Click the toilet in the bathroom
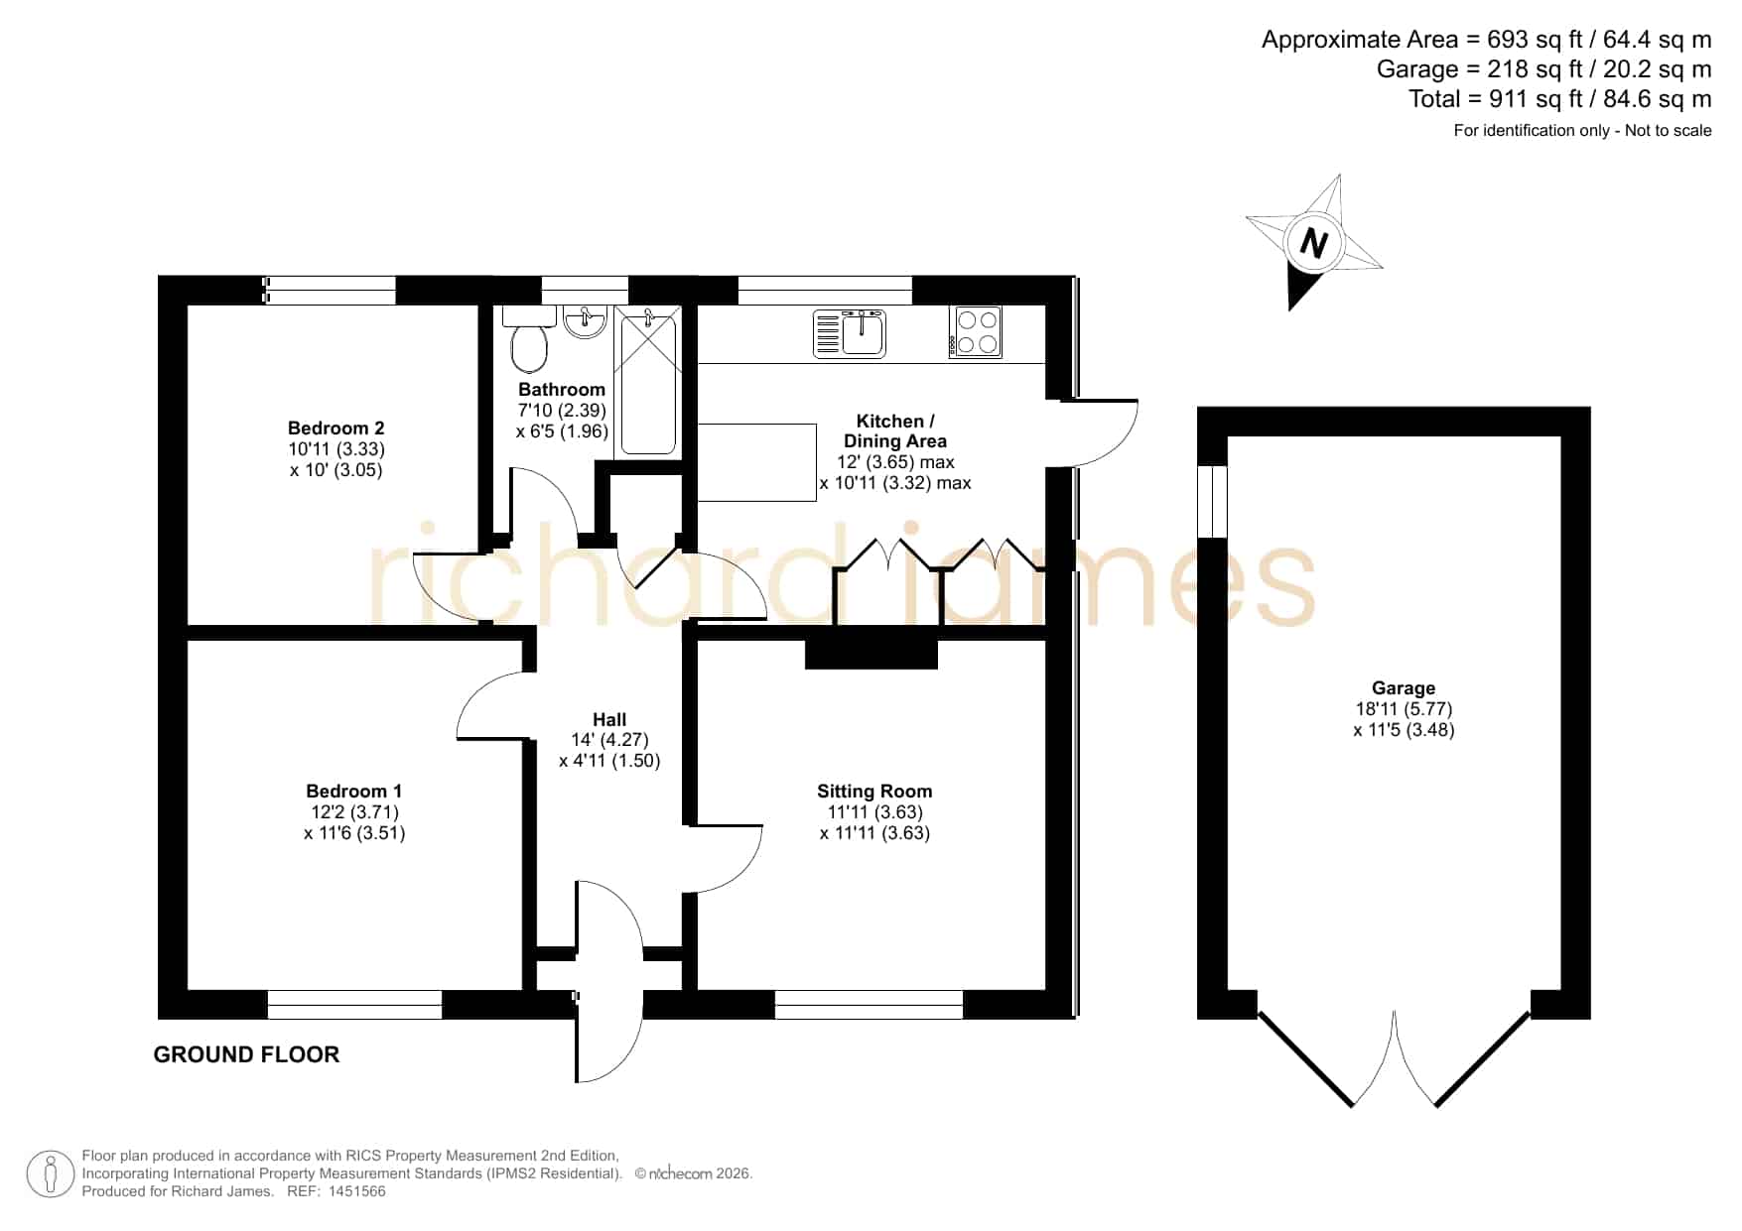click(x=528, y=339)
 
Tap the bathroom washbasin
click(x=585, y=321)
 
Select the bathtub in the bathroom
click(x=648, y=382)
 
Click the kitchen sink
click(x=850, y=332)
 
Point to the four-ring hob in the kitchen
click(x=975, y=332)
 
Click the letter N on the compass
click(x=1313, y=243)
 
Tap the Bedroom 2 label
click(x=335, y=429)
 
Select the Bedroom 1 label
click(x=353, y=792)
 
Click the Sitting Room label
click(x=874, y=792)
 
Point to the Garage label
click(x=1404, y=688)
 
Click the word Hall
click(x=609, y=720)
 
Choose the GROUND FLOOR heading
click(x=246, y=1054)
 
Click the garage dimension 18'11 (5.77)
click(x=1404, y=709)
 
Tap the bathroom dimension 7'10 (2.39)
click(x=562, y=411)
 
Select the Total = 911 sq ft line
click(x=1559, y=99)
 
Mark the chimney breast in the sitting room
click(x=871, y=654)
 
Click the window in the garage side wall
click(x=1212, y=501)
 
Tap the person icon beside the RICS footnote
click(x=50, y=1173)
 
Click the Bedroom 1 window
click(x=354, y=1005)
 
